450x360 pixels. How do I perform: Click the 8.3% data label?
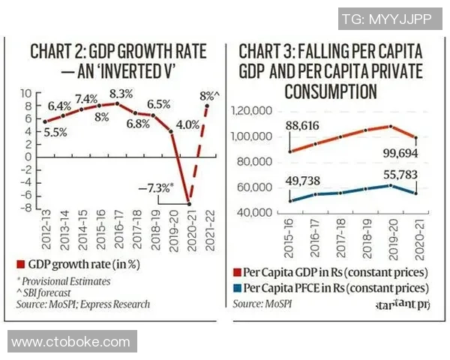(x=121, y=94)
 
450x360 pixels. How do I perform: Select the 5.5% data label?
(x=54, y=132)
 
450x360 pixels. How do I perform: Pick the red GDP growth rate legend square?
(x=21, y=264)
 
